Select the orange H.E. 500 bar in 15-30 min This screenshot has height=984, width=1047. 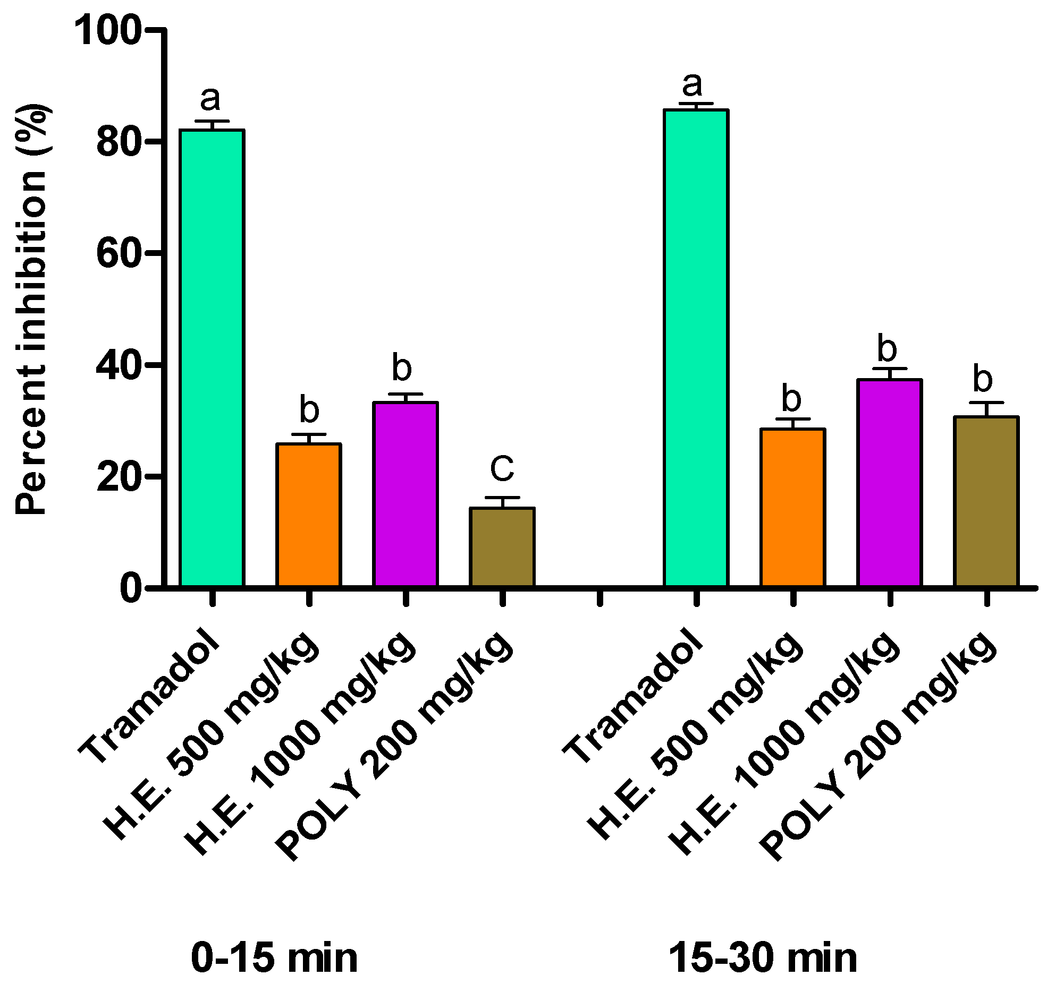click(x=792, y=507)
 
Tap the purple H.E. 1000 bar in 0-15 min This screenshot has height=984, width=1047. click(x=406, y=494)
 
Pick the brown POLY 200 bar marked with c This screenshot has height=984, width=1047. click(x=502, y=547)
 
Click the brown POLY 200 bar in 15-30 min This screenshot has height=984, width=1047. click(x=986, y=501)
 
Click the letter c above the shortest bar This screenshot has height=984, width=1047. click(x=502, y=468)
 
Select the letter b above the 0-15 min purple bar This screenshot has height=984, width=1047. click(x=402, y=367)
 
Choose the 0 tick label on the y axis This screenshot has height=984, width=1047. click(x=130, y=588)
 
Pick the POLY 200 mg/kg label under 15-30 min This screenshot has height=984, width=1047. click(x=877, y=743)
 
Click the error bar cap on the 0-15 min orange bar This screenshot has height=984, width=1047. click(x=309, y=434)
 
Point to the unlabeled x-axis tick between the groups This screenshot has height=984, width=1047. click(x=600, y=598)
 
